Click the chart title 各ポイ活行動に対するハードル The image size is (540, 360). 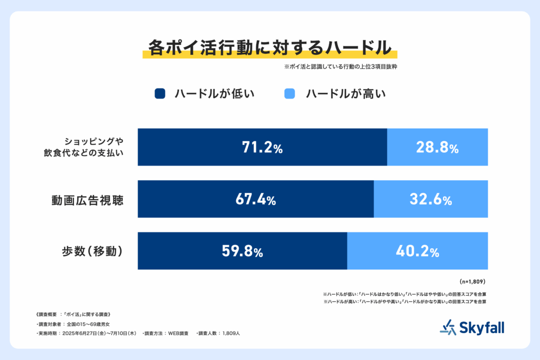(269, 48)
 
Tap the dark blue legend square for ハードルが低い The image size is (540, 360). (160, 94)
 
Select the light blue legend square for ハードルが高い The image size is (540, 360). (290, 94)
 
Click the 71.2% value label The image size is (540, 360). (262, 148)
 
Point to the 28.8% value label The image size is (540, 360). (437, 148)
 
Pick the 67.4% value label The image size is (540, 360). (255, 200)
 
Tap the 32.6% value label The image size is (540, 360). (431, 200)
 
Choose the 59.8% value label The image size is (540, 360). (242, 251)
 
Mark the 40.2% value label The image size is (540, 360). (418, 251)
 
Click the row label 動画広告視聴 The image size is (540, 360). (87, 200)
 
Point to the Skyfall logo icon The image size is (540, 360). (447, 327)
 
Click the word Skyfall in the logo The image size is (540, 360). (481, 327)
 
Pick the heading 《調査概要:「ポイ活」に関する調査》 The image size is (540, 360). (73, 314)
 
